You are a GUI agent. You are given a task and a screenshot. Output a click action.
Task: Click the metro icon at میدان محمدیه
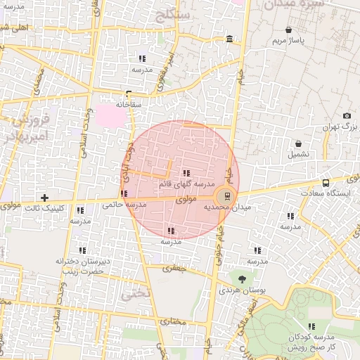coord(225,197)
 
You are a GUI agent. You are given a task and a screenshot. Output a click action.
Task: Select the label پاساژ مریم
coord(289,41)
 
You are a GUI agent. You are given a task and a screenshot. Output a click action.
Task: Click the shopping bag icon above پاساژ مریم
coord(289,30)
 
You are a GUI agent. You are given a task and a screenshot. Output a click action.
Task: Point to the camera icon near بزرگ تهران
coord(347,116)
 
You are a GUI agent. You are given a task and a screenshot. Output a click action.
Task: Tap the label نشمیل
coord(298,153)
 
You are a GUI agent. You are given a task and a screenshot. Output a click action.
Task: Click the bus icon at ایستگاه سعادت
coord(325,183)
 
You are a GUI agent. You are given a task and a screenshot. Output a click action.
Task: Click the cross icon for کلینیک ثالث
coord(46,198)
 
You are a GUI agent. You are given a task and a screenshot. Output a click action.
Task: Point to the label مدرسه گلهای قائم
coord(184,184)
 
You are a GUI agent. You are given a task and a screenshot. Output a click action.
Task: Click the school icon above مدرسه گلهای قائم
coord(186,173)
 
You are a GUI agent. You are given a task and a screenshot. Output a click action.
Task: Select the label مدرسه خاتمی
coord(124,205)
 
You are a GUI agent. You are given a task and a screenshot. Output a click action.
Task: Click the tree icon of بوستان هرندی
coord(241,278)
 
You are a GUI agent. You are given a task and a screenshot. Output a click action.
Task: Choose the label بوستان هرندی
coord(241,290)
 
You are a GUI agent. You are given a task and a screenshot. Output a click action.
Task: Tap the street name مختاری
coord(174,321)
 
